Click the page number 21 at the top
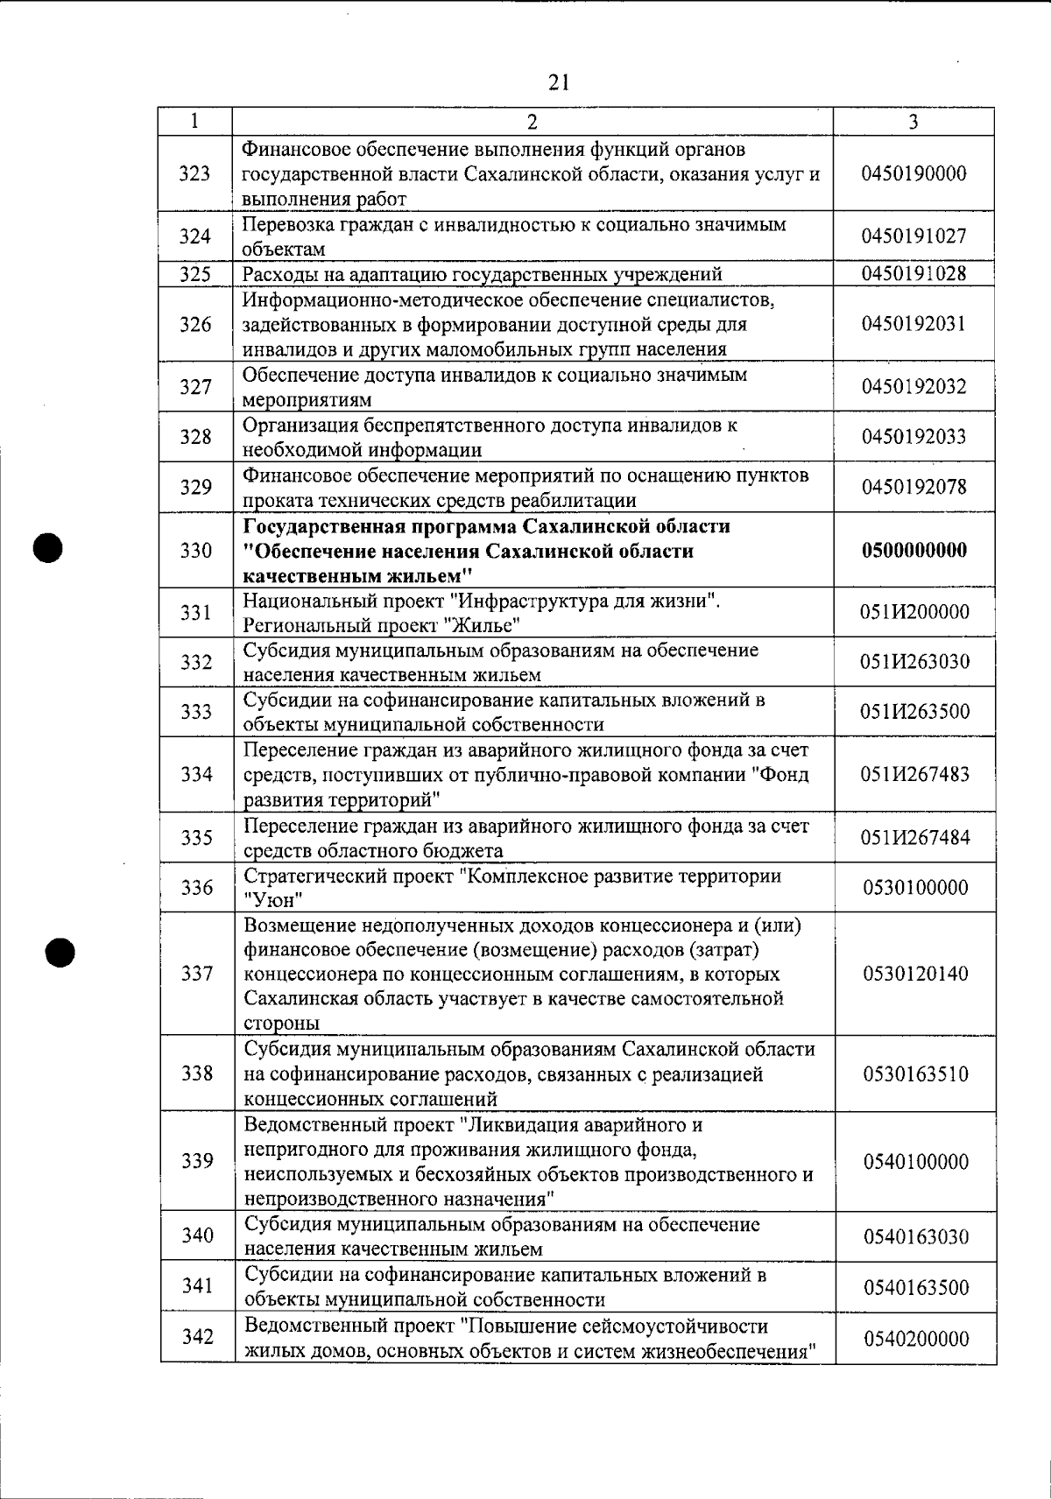tap(559, 82)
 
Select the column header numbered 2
tap(533, 122)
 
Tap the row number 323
tap(194, 173)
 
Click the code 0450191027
tap(913, 236)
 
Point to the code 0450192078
tap(913, 487)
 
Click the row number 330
tap(195, 551)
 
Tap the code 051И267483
tap(914, 775)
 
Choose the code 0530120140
tap(915, 974)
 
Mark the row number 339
tap(197, 1161)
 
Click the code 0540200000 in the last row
tap(915, 1339)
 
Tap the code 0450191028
tap(913, 273)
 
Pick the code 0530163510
tap(915, 1073)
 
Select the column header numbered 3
tap(913, 122)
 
